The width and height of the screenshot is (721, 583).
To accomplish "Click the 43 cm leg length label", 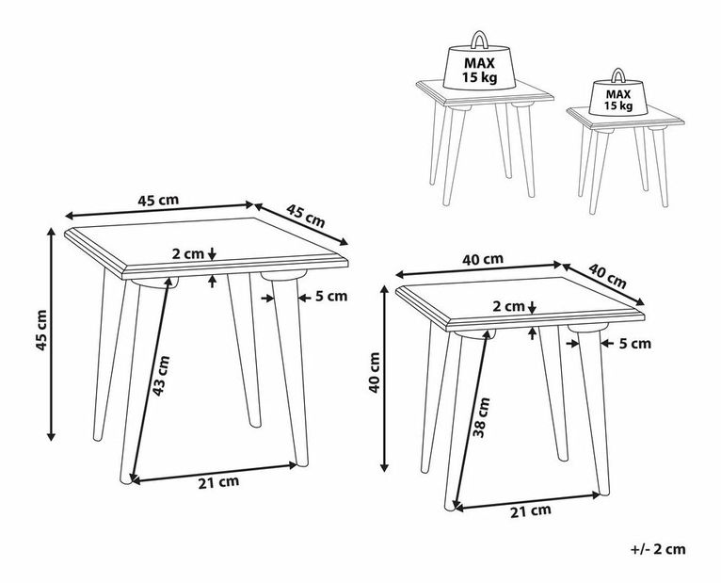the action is (161, 376).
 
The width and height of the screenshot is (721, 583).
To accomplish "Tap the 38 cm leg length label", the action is (481, 417).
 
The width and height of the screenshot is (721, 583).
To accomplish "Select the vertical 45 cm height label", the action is (41, 330).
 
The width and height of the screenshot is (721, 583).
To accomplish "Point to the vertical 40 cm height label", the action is (375, 372).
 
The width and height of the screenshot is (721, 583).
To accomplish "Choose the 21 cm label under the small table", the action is (530, 510).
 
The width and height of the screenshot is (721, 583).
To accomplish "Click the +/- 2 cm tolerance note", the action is (658, 549).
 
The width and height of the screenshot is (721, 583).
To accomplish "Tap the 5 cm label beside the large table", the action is (331, 297).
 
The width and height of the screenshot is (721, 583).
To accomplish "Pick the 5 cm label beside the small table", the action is (635, 343).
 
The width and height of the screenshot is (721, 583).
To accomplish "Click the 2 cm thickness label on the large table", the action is (187, 253).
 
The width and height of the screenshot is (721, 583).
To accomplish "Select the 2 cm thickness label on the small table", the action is (508, 306).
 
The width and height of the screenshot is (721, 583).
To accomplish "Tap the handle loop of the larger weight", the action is (479, 39).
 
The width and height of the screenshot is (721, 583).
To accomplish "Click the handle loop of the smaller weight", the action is (617, 75).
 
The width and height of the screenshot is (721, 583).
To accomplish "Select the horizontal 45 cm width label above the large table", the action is (158, 201).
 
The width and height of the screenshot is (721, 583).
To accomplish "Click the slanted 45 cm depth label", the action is (305, 216).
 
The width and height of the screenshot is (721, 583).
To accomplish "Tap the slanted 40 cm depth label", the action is (607, 275).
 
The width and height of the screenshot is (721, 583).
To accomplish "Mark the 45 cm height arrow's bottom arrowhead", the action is (52, 437).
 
